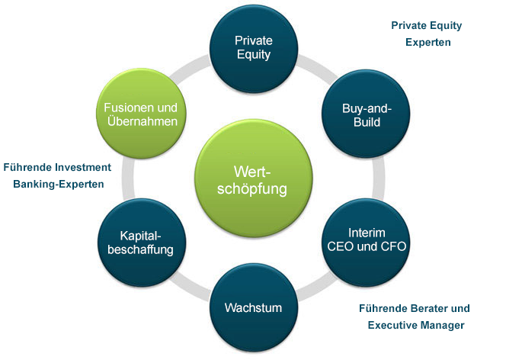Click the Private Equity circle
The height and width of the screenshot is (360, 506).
(254, 49)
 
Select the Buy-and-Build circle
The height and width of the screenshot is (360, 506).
(366, 114)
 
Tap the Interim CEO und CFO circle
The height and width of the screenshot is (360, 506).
(366, 243)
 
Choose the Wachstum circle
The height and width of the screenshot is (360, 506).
(254, 307)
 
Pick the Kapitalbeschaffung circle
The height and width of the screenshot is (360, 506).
(142, 243)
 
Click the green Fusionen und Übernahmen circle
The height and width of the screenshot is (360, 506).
(141, 114)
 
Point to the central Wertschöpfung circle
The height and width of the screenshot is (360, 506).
(254, 178)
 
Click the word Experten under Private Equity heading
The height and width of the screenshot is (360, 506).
(428, 43)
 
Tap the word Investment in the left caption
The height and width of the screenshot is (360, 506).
(83, 167)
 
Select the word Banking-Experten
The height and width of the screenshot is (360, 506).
(59, 185)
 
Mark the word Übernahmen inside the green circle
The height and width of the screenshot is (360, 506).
(143, 121)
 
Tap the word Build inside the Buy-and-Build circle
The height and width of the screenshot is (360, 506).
(367, 122)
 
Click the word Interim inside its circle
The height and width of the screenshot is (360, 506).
(367, 233)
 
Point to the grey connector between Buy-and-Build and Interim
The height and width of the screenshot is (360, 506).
(379, 178)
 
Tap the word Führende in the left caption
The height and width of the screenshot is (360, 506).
(27, 167)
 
